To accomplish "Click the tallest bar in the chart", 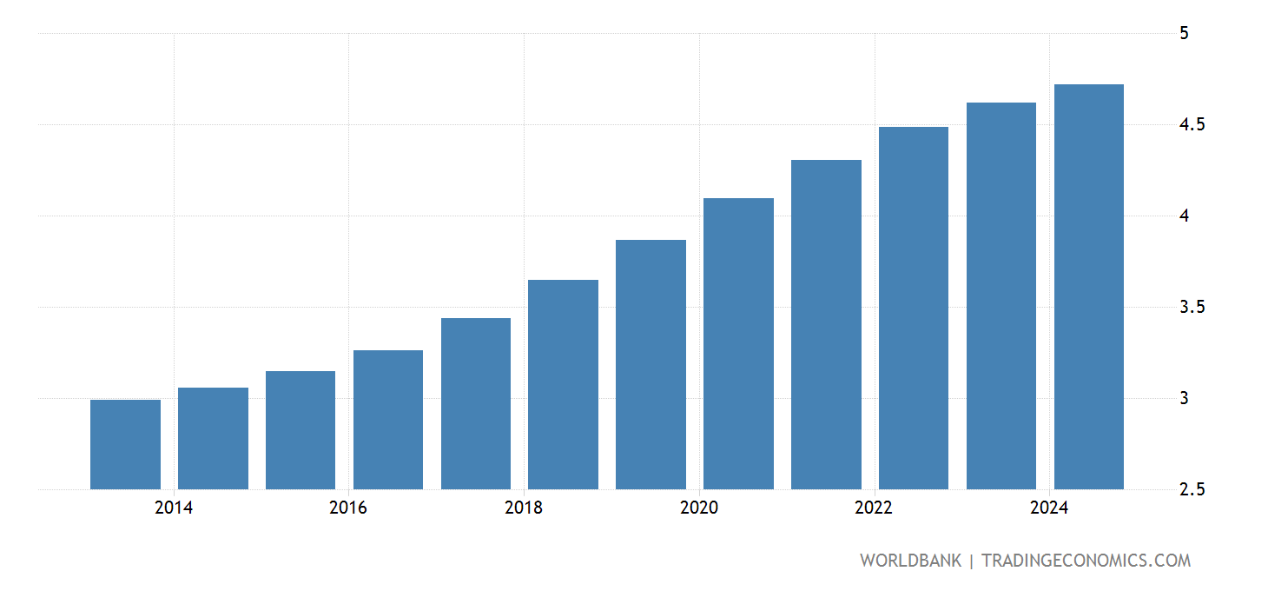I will (1088, 287).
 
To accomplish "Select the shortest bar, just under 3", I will (125, 444).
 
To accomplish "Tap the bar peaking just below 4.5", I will (913, 308).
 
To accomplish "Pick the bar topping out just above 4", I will (738, 343).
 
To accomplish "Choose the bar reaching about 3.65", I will (563, 384).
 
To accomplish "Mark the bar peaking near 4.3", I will (826, 324).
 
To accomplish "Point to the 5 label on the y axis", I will (1184, 34).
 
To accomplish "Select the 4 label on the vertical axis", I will (1184, 216).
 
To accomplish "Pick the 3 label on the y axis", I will (1184, 399).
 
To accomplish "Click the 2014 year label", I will (174, 508).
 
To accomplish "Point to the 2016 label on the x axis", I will (348, 508).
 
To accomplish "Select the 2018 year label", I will (524, 508).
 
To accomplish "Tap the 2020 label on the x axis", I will (699, 508).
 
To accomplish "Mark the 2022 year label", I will (874, 508).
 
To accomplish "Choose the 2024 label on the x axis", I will (1049, 508).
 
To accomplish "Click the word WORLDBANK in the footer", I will (910, 561).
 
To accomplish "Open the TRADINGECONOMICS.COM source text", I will (1086, 561).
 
